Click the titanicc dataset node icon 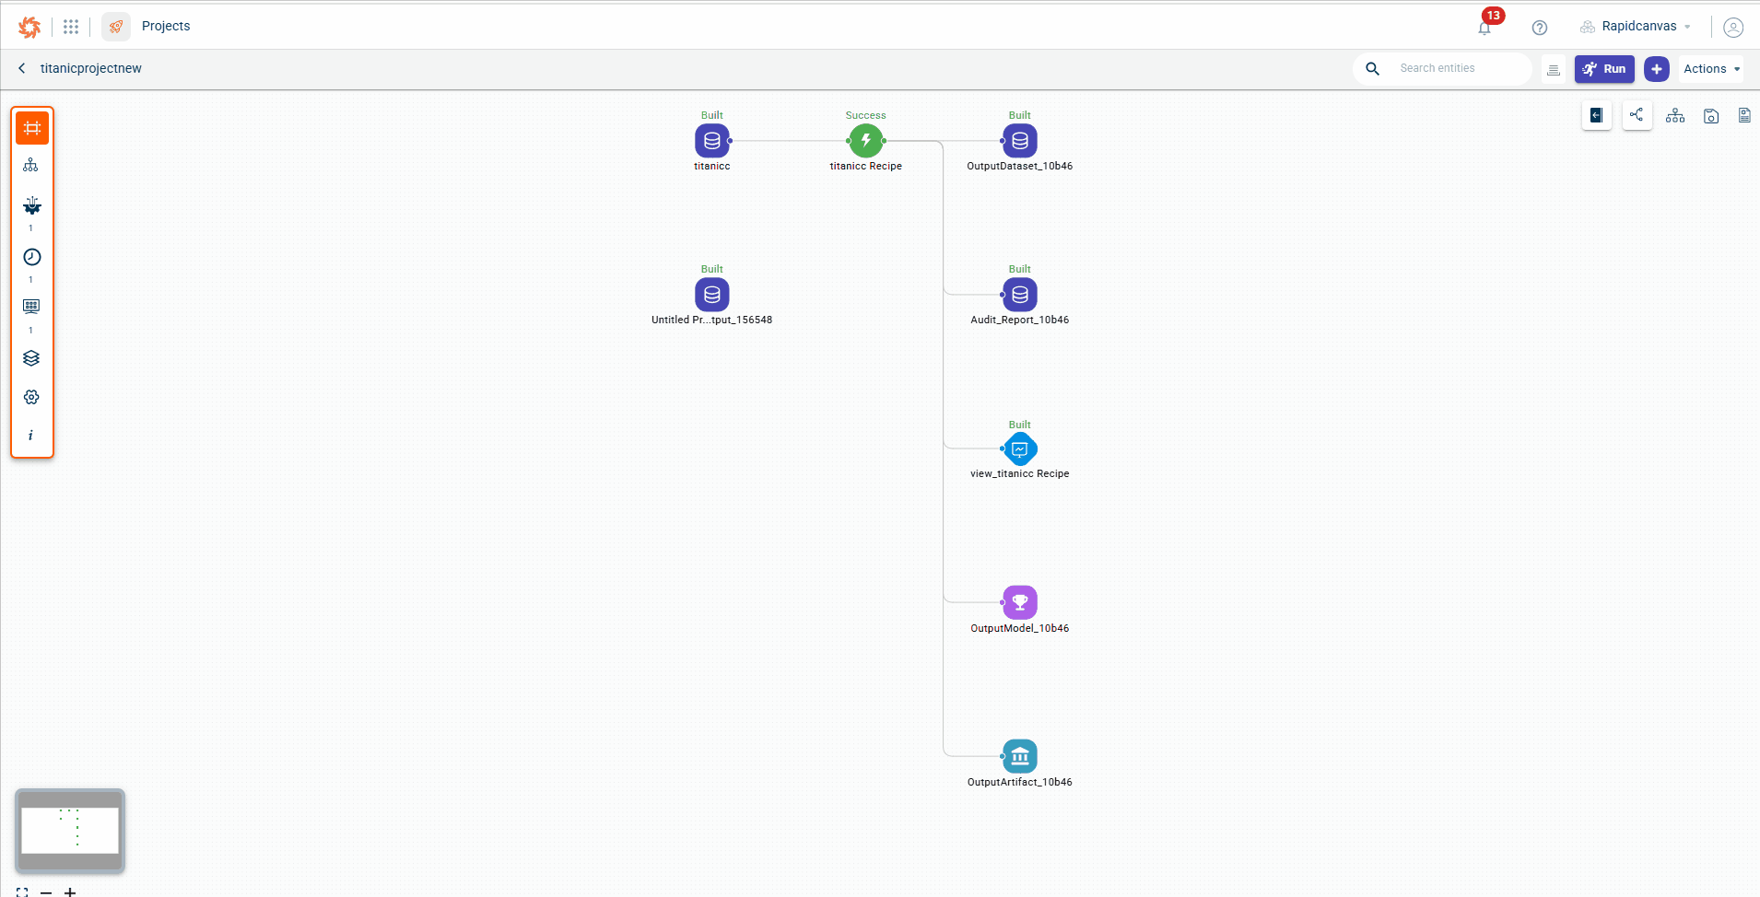tap(711, 141)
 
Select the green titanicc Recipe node tap(865, 141)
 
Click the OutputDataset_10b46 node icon tap(1019, 141)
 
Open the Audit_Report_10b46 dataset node tap(1019, 295)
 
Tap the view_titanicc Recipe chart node tap(1019, 449)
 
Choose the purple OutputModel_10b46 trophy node tap(1019, 602)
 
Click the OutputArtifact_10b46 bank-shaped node tap(1019, 756)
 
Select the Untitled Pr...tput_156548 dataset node tap(711, 295)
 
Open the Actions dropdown tap(1710, 69)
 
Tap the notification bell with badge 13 tap(1484, 28)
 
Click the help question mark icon tap(1539, 28)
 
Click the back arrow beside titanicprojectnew tap(22, 68)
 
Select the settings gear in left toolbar tap(31, 397)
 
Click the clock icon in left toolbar tap(31, 257)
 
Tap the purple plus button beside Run tap(1656, 69)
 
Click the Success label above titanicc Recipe tap(865, 115)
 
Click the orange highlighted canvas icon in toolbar tap(32, 128)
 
